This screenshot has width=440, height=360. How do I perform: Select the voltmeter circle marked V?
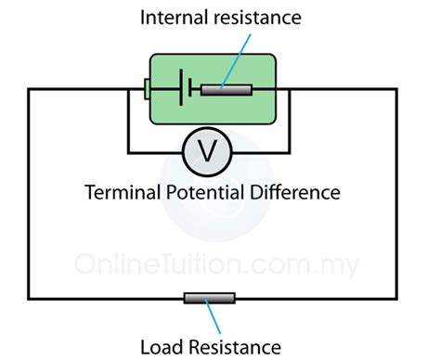point(209,151)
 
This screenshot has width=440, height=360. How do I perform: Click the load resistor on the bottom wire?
point(209,298)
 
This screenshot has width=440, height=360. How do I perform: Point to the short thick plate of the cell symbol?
point(191,89)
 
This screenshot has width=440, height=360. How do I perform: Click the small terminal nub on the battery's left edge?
point(147,89)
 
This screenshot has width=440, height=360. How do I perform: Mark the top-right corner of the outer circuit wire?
point(397,89)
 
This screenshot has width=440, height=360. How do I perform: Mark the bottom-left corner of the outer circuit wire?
point(29,298)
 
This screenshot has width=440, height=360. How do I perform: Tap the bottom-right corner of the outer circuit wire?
point(397,298)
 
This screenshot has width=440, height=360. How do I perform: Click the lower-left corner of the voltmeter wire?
point(128,151)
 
